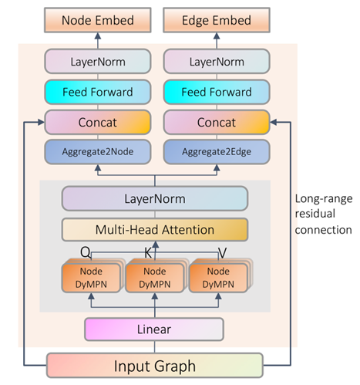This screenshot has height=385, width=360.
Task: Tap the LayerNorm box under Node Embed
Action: pyautogui.click(x=97, y=61)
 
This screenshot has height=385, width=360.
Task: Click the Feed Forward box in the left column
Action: pyautogui.click(x=97, y=92)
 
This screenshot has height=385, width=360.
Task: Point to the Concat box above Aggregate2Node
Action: pyautogui.click(x=97, y=123)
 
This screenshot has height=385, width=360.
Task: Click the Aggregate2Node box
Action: pyautogui.click(x=97, y=153)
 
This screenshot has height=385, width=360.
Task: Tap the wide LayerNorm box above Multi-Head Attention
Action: pyautogui.click(x=155, y=199)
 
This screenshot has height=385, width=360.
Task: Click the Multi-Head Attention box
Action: pyautogui.click(x=155, y=229)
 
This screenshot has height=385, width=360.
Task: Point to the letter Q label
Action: pyautogui.click(x=86, y=251)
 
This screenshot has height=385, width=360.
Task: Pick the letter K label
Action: pyautogui.click(x=149, y=251)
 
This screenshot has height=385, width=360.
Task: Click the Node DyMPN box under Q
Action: pyautogui.click(x=90, y=277)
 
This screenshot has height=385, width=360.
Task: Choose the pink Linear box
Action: pyautogui.click(x=155, y=329)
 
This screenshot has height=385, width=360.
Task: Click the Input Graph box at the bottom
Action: pyautogui.click(x=155, y=365)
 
